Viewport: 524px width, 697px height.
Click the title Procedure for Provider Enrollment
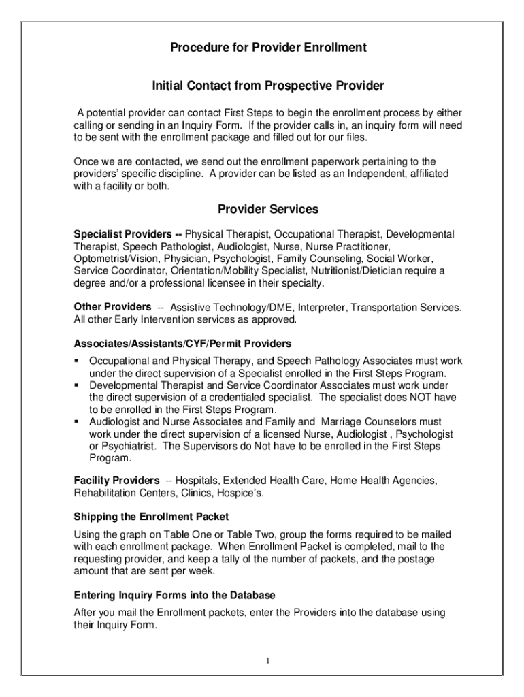(x=268, y=48)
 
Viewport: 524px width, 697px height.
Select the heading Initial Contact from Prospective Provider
(x=268, y=86)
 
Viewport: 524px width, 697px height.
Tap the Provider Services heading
(x=268, y=209)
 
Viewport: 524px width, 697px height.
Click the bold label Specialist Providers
(x=123, y=235)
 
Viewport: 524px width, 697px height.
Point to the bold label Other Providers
(x=112, y=307)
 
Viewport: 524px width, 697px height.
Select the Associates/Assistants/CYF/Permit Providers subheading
(x=182, y=344)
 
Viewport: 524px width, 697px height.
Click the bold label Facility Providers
(x=117, y=481)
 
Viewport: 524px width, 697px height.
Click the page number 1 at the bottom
(x=269, y=661)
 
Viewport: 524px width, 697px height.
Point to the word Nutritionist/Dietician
(x=367, y=272)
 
